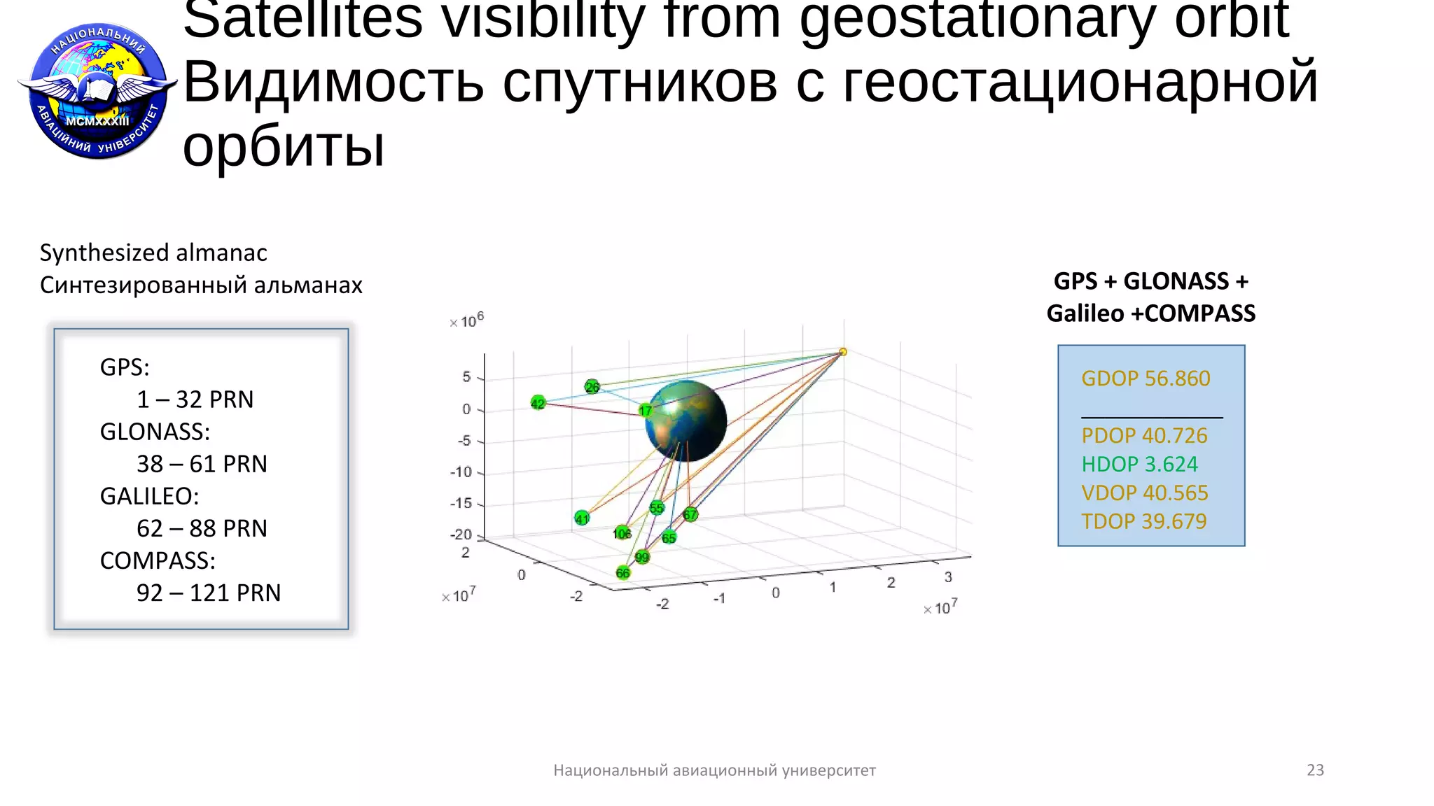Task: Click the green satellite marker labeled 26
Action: point(592,387)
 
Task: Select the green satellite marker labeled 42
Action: point(538,403)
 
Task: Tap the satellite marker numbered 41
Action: point(582,518)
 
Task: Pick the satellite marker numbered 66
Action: point(623,573)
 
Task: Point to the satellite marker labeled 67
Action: point(690,515)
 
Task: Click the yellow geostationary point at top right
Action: point(843,352)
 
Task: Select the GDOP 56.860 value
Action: point(1146,379)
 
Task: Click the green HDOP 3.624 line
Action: point(1139,465)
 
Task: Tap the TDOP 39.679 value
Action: point(1143,521)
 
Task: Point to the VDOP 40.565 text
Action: point(1144,493)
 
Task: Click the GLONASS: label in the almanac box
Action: point(155,432)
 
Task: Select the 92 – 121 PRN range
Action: point(208,593)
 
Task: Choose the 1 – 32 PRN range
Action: point(195,400)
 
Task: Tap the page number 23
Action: point(1315,770)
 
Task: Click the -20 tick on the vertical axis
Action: point(461,535)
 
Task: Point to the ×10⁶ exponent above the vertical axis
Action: point(467,321)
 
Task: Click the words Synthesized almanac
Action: point(153,253)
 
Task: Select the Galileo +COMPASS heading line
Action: point(1150,313)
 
